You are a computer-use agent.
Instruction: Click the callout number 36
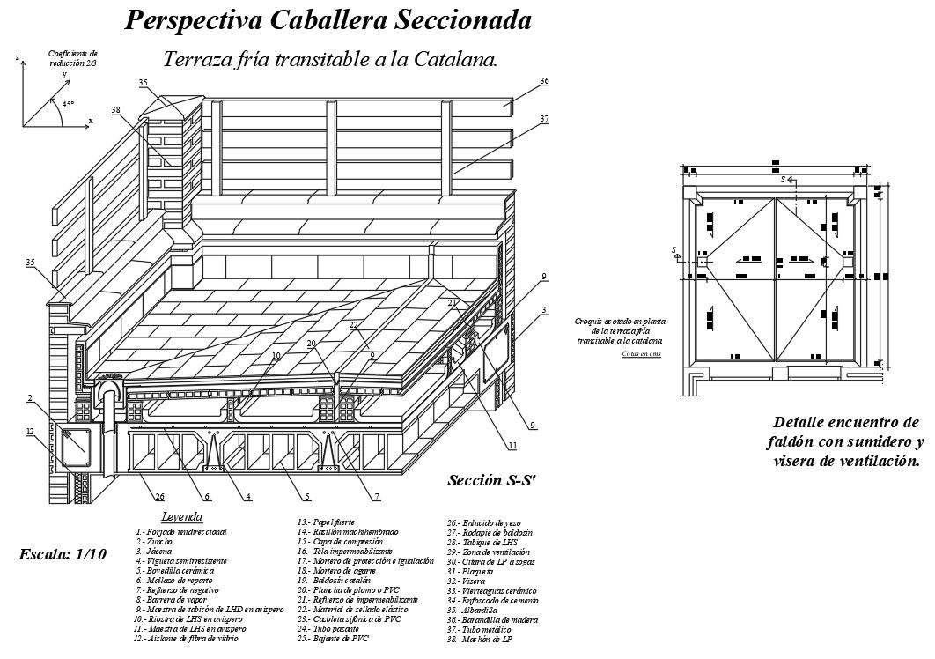[x=544, y=81]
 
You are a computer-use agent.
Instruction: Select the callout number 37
[x=544, y=118]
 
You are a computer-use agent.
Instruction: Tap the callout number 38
[x=115, y=109]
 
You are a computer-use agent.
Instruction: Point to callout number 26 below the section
[x=159, y=497]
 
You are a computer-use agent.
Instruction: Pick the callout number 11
[x=512, y=446]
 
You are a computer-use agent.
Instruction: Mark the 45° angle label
[x=68, y=104]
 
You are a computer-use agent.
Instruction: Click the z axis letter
[x=17, y=57]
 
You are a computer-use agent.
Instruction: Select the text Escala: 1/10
[x=63, y=554]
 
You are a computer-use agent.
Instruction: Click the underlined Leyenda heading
[x=182, y=516]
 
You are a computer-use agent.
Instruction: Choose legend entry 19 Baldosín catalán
[x=338, y=580]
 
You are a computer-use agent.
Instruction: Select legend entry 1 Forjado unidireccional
[x=181, y=532]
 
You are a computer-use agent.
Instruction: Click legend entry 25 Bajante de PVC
[x=335, y=638]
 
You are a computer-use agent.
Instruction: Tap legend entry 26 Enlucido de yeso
[x=489, y=522]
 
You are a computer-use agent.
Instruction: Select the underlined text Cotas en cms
[x=641, y=353]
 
